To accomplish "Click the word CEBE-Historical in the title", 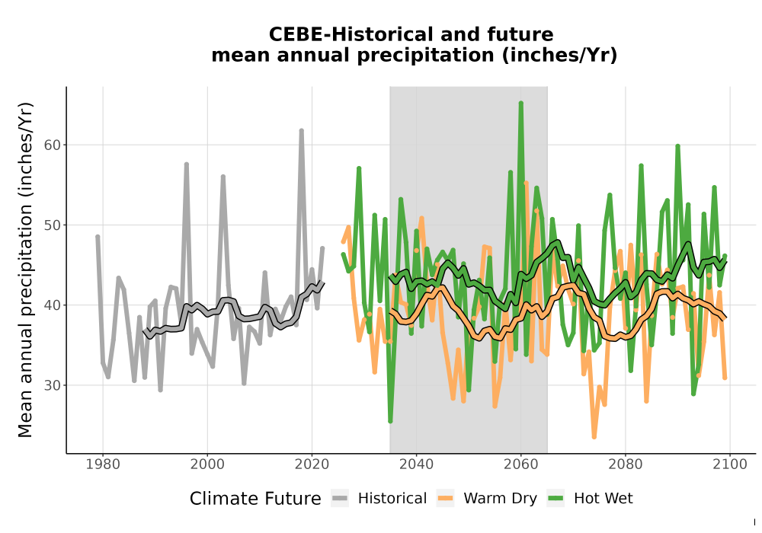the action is click(x=345, y=34).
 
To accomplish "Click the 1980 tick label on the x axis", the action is click(x=103, y=464).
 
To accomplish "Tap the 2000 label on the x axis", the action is click(x=207, y=464).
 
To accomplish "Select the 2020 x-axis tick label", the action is click(x=312, y=464).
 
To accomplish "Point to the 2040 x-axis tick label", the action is click(x=417, y=464).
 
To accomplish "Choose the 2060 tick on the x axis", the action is click(x=521, y=464).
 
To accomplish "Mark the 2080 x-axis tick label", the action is click(x=626, y=464).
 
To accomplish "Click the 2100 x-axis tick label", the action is click(x=730, y=464).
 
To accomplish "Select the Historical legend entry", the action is click(x=379, y=499).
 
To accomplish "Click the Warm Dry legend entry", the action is click(x=486, y=499).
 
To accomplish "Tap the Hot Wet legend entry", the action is click(x=590, y=499).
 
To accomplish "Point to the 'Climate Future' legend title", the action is click(x=255, y=499).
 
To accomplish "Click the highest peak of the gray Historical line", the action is click(x=301, y=130).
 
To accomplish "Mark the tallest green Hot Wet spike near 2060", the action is click(x=521, y=104).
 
